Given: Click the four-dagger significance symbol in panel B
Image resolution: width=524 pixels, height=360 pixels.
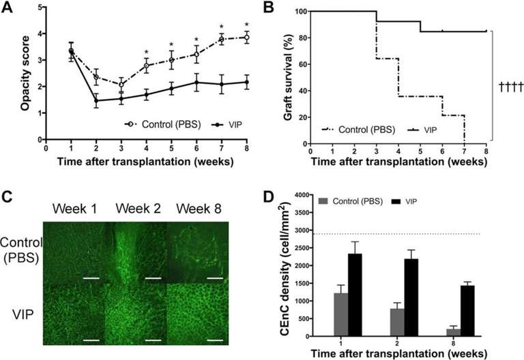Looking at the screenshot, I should pos(510,87).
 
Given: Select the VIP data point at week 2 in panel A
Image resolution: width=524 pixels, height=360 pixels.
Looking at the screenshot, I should pos(96,101).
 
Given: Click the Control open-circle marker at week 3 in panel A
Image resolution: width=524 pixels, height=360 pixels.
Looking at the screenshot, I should pos(121,85).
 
